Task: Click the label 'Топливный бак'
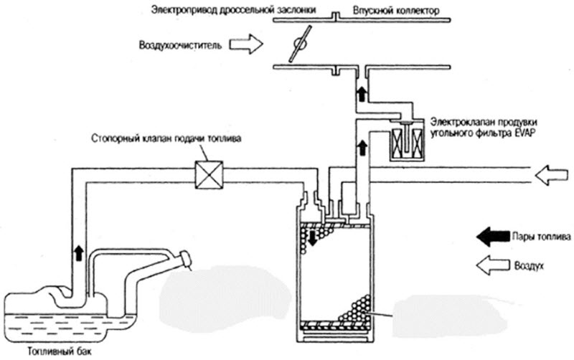click(60, 351)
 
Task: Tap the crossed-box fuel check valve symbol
click(209, 174)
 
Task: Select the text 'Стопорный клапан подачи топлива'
click(166, 139)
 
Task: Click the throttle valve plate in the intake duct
click(300, 44)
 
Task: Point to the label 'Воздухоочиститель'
click(180, 46)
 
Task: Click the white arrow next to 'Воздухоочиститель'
click(246, 44)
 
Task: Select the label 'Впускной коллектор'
click(396, 11)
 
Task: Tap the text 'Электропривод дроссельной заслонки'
click(234, 10)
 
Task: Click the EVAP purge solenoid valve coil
click(407, 142)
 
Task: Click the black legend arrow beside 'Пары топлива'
click(493, 237)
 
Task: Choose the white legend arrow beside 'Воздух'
click(493, 265)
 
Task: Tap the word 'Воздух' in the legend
click(529, 265)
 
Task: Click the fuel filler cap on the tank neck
click(185, 259)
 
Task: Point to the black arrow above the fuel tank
click(79, 253)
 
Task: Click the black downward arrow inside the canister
click(312, 238)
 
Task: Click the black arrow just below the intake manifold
click(362, 94)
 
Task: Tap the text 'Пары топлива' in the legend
click(541, 237)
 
